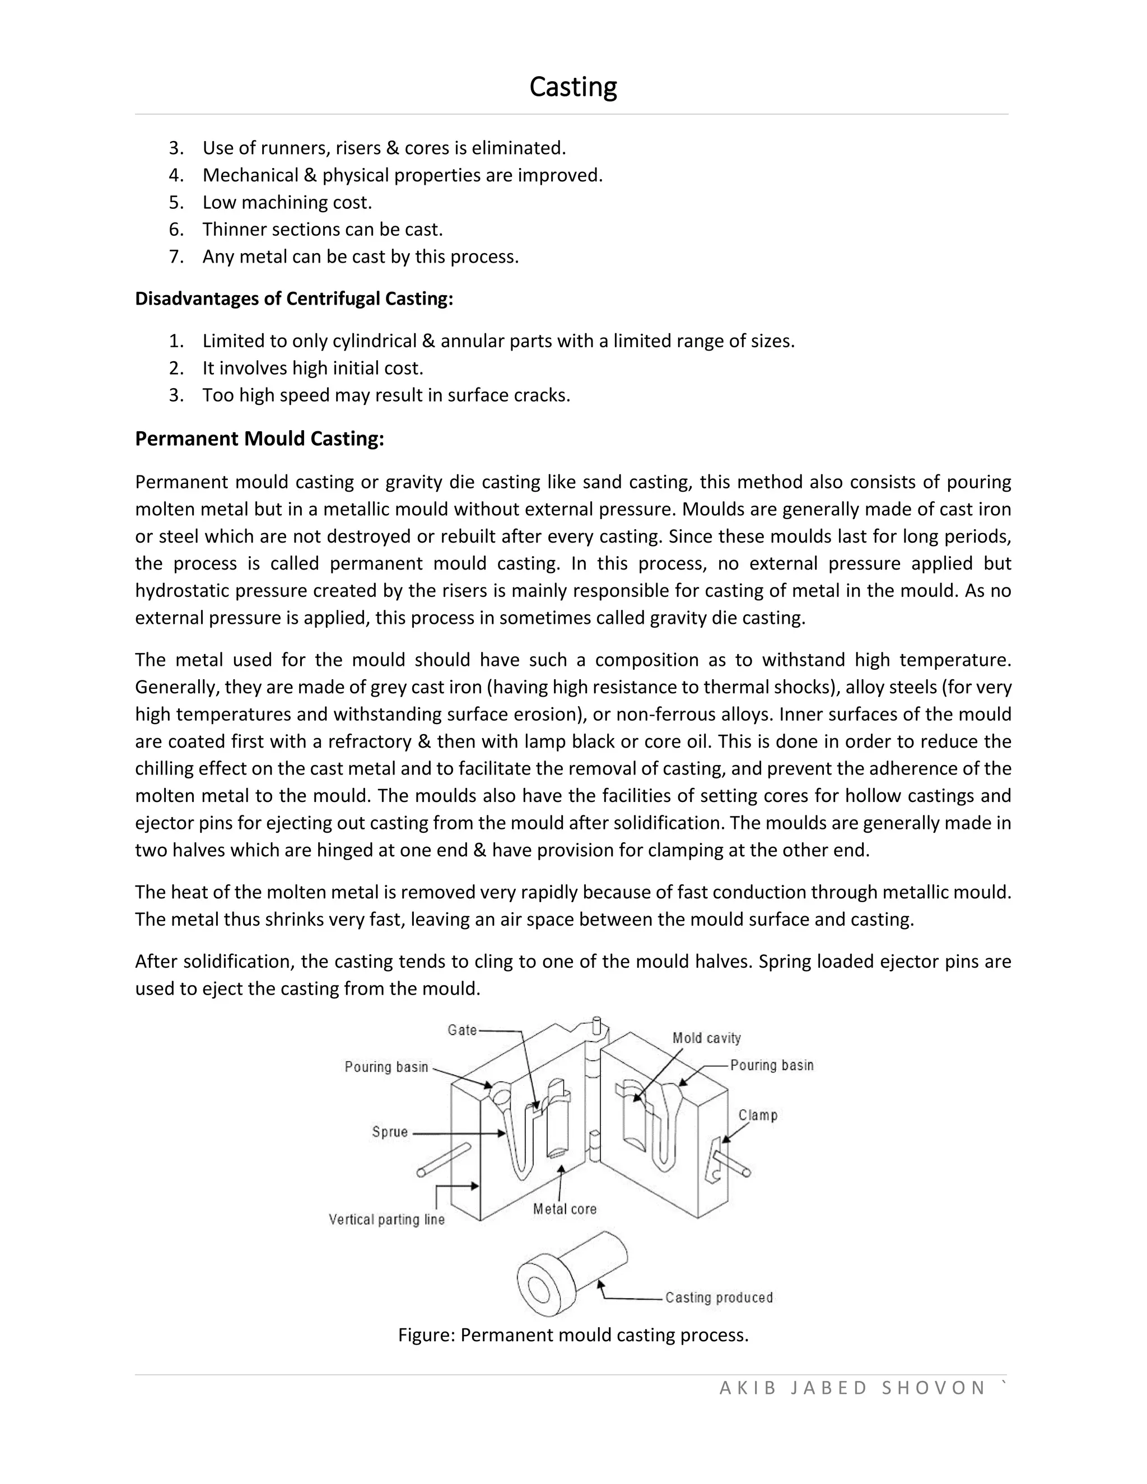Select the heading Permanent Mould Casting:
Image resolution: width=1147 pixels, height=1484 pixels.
(x=259, y=439)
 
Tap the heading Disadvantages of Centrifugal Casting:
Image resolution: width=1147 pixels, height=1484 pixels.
(x=293, y=299)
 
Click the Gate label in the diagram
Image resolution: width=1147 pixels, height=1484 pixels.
(x=462, y=1030)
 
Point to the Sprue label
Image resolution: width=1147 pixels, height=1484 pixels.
(x=389, y=1132)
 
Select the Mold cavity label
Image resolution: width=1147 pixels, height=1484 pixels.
(x=706, y=1038)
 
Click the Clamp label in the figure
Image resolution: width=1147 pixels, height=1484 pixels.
(x=758, y=1115)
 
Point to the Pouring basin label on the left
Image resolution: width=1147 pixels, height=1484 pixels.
(x=386, y=1067)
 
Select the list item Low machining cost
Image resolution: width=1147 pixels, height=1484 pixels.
(x=287, y=203)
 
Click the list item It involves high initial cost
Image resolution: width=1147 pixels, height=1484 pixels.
(x=313, y=368)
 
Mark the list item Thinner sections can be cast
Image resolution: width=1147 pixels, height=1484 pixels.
(x=322, y=230)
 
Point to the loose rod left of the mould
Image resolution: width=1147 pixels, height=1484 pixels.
(x=444, y=1159)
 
